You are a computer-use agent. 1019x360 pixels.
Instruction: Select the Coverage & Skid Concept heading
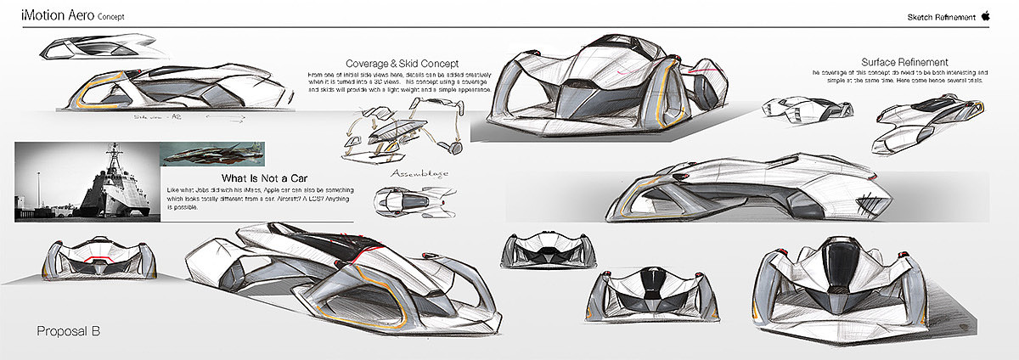[x=403, y=64]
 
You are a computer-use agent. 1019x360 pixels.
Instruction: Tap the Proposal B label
[x=69, y=331]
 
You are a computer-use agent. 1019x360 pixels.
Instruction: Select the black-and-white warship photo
[x=86, y=178]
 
